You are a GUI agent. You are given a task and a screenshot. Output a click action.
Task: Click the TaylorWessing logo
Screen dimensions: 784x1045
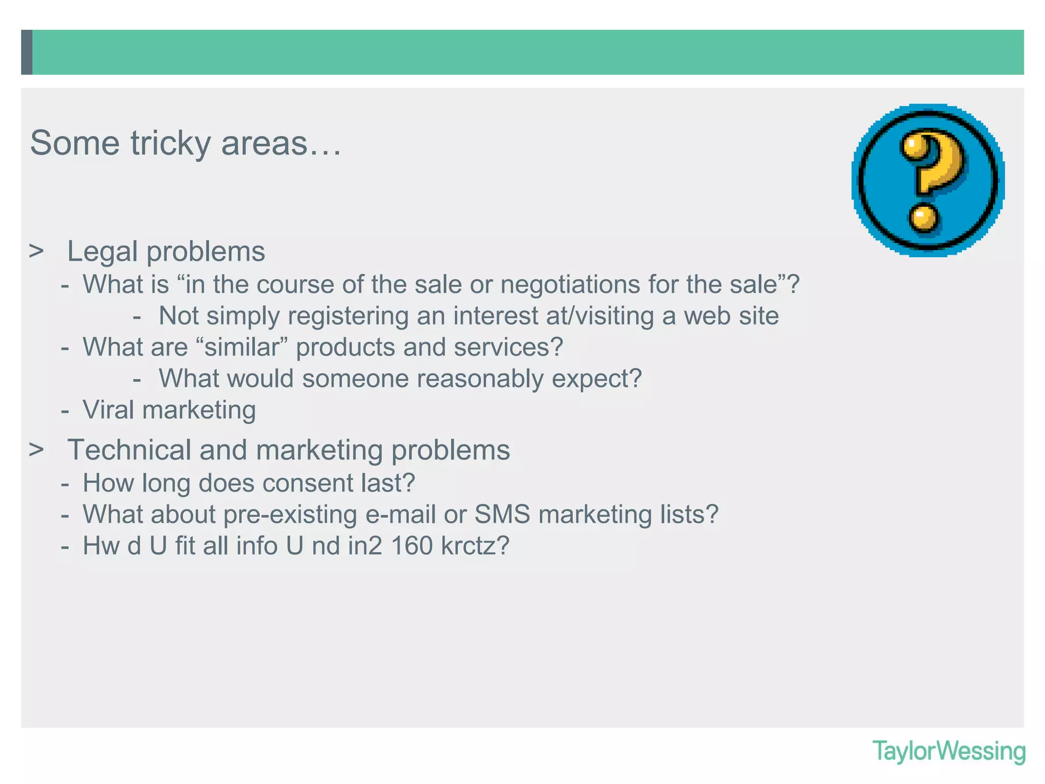(x=949, y=752)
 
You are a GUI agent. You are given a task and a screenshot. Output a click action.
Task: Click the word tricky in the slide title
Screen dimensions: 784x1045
(x=170, y=143)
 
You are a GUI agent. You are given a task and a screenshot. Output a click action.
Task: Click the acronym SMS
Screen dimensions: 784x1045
(x=503, y=514)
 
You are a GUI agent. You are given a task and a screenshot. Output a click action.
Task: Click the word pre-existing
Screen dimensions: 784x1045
(x=290, y=514)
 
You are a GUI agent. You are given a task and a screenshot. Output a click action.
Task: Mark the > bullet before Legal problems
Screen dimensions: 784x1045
(x=36, y=251)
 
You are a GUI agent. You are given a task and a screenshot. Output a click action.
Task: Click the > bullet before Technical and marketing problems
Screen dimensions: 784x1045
(x=36, y=450)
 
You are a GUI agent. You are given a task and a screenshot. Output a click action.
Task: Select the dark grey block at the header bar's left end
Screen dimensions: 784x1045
(x=27, y=52)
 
